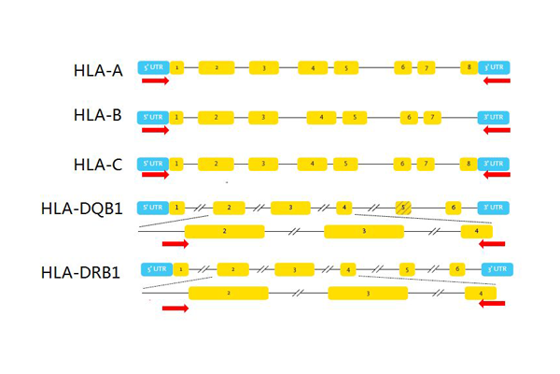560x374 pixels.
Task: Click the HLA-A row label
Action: (x=98, y=70)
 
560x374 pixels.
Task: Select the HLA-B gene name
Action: (x=98, y=116)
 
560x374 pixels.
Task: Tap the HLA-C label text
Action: (x=98, y=165)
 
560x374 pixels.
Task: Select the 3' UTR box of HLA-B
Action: (x=495, y=117)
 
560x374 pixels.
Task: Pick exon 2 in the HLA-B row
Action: (x=216, y=117)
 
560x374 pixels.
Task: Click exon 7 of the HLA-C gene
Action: (x=425, y=164)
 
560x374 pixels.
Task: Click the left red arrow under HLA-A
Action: (x=155, y=81)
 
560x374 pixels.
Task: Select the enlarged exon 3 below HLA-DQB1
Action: (x=363, y=231)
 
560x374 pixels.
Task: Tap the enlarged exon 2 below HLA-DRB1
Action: (x=229, y=293)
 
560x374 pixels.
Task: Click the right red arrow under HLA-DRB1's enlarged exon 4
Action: (x=492, y=304)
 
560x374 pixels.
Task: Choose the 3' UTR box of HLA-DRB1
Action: (x=497, y=269)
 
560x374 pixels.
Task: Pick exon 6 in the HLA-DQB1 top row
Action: (x=453, y=208)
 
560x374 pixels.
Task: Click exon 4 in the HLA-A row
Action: (x=313, y=67)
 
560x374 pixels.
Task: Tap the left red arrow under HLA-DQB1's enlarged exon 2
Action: (x=175, y=244)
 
